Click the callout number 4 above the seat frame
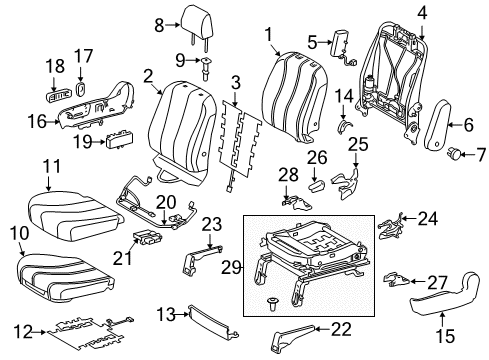pyautogui.click(x=422, y=12)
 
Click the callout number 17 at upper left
pyautogui.click(x=84, y=56)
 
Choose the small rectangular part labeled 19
pyautogui.click(x=117, y=142)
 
